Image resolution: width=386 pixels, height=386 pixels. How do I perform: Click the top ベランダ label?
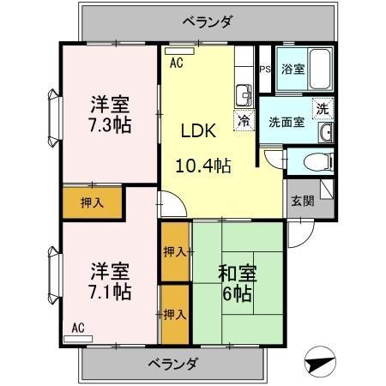coord(208,21)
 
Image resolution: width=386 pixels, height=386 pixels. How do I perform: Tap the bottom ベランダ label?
coord(169,363)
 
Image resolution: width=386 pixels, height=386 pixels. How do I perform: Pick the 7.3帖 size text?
coord(111,124)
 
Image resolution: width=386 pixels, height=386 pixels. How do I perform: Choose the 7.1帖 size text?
coord(111,292)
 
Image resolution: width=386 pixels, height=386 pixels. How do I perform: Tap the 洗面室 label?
coord(286,121)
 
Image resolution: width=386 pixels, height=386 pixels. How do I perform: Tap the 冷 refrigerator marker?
coord(245,121)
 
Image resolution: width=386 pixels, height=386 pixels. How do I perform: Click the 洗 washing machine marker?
coord(322,109)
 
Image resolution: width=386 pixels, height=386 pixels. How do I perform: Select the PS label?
coord(264,69)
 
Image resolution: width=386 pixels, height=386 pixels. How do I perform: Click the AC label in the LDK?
coord(176,63)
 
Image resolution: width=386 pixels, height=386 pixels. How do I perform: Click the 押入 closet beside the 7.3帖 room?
coord(93,203)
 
